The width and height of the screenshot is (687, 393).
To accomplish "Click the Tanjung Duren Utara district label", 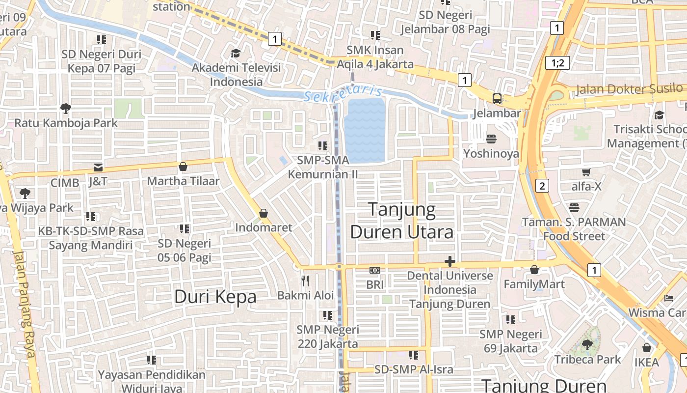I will (401, 220).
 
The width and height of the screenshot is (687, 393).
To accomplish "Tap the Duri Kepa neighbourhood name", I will (215, 297).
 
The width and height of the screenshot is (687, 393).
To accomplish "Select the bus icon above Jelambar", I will (497, 98).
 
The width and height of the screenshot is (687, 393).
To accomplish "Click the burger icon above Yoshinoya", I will (491, 139).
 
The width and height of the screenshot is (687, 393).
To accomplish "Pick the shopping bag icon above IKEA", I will (647, 348).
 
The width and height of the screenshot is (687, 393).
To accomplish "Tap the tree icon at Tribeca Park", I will (587, 344).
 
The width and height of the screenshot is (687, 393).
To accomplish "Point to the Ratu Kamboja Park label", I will (66, 123).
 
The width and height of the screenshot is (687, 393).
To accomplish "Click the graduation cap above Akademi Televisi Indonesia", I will (236, 53).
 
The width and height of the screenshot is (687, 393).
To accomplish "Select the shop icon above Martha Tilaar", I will (183, 167).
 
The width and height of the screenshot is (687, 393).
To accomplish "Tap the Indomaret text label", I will (264, 227).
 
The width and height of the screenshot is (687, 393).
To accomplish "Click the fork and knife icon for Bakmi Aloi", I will (305, 281).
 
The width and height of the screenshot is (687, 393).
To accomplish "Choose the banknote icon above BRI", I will (375, 270).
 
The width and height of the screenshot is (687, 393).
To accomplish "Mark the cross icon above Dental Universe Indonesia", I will (449, 261).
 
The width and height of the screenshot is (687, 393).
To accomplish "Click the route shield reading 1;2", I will (557, 62).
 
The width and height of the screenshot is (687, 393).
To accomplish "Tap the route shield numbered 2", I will (542, 186).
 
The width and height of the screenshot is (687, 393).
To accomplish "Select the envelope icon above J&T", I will (98, 167).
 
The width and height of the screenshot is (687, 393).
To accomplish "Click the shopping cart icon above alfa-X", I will (586, 172).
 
